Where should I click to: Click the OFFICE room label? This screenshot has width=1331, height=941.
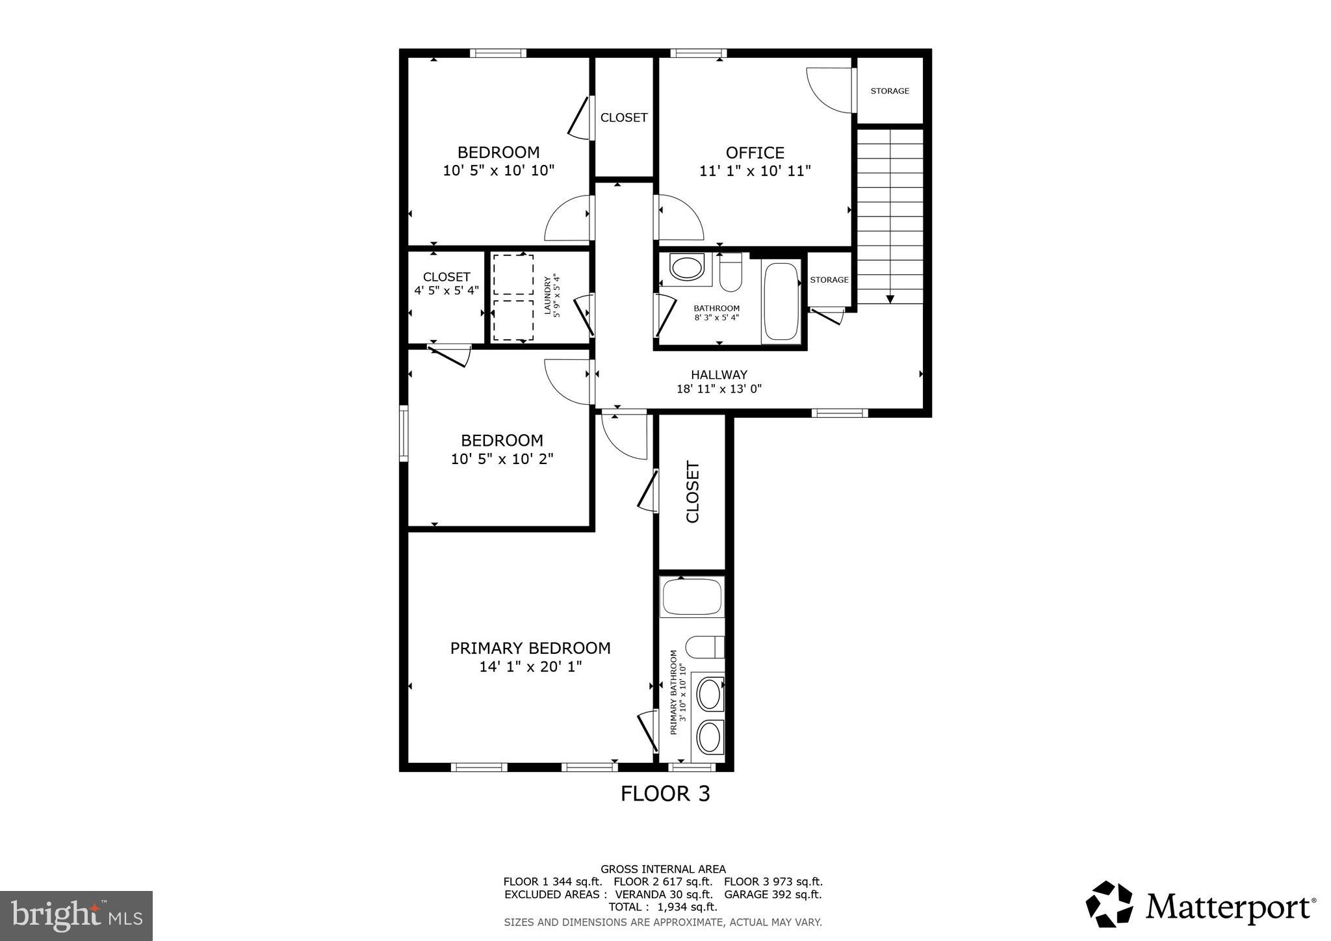click(x=755, y=153)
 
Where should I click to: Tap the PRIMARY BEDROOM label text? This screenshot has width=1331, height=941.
click(x=530, y=648)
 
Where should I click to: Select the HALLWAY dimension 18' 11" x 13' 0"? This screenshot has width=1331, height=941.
click(x=719, y=389)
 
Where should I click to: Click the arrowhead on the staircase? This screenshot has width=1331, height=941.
click(x=890, y=299)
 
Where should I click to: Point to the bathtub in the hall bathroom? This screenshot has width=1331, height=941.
click(x=781, y=300)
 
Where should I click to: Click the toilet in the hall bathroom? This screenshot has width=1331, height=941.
click(x=731, y=273)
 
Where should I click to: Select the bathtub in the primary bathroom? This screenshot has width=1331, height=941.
click(x=691, y=597)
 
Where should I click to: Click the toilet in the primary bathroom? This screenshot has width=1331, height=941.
click(x=704, y=647)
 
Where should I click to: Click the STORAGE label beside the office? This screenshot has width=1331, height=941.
click(x=890, y=91)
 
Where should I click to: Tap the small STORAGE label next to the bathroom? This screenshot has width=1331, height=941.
click(x=829, y=280)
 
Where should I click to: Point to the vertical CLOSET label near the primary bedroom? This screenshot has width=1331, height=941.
click(x=693, y=492)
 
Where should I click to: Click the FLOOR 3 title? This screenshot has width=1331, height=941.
click(x=665, y=793)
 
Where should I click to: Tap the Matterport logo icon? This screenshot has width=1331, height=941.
click(x=1109, y=904)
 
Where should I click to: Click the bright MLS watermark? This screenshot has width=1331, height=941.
click(x=76, y=916)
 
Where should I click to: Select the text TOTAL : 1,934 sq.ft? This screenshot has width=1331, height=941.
click(x=662, y=907)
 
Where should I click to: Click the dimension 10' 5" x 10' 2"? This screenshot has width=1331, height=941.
click(x=502, y=459)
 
